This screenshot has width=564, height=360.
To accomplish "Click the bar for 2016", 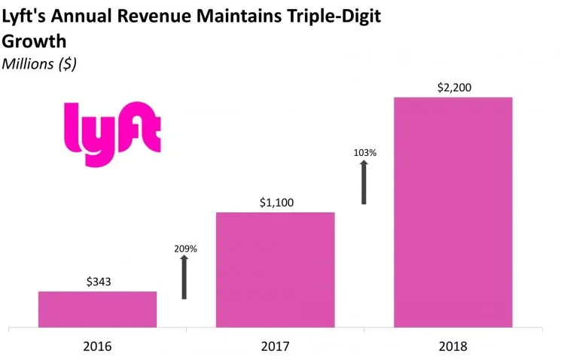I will (97, 309).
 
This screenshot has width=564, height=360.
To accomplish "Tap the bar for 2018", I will (453, 212).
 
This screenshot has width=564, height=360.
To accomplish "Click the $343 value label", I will (98, 281).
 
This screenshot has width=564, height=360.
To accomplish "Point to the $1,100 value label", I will (275, 202).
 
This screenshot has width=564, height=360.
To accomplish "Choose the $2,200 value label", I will (453, 87).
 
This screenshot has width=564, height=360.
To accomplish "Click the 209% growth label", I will (184, 249).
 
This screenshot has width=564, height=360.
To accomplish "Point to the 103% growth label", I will (364, 153).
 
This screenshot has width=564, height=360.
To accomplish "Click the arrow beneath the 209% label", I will (184, 277).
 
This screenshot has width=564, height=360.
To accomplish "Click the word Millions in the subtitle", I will (28, 64).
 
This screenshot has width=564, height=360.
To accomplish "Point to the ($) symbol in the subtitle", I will (68, 64).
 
